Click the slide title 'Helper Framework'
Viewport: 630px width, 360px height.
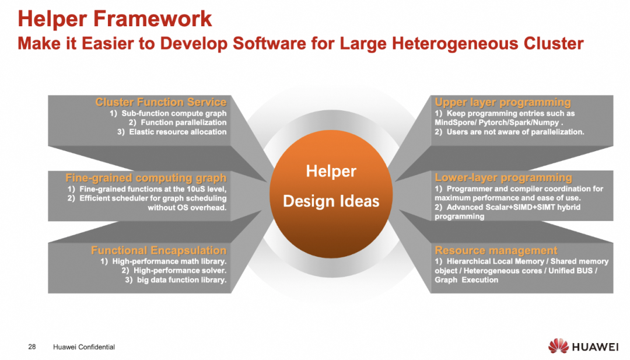pos(115,19)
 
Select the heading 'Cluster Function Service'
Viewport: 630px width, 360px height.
pos(161,102)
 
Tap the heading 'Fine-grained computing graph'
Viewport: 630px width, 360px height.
pos(146,177)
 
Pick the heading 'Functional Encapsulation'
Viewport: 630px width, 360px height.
pos(159,250)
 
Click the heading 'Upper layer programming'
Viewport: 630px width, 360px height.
pos(503,102)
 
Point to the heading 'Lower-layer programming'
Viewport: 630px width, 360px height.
pos(503,177)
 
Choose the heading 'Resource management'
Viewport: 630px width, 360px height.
pos(496,250)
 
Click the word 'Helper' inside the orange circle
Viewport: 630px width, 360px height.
pos(331,172)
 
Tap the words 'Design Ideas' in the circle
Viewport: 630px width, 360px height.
pos(331,201)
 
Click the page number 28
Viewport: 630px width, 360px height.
pos(32,347)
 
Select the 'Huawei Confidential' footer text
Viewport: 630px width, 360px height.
pos(84,347)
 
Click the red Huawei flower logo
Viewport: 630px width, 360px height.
pos(558,346)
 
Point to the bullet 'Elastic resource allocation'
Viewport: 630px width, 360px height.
pos(177,132)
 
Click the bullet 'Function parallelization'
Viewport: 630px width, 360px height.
pos(184,123)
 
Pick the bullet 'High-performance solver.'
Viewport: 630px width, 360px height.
pos(180,270)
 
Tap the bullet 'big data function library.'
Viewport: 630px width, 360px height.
pos(181,279)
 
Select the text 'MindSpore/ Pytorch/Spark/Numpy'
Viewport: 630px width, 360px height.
pos(497,123)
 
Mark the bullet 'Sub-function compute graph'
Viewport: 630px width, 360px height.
pos(174,113)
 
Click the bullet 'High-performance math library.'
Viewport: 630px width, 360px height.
pos(169,261)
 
